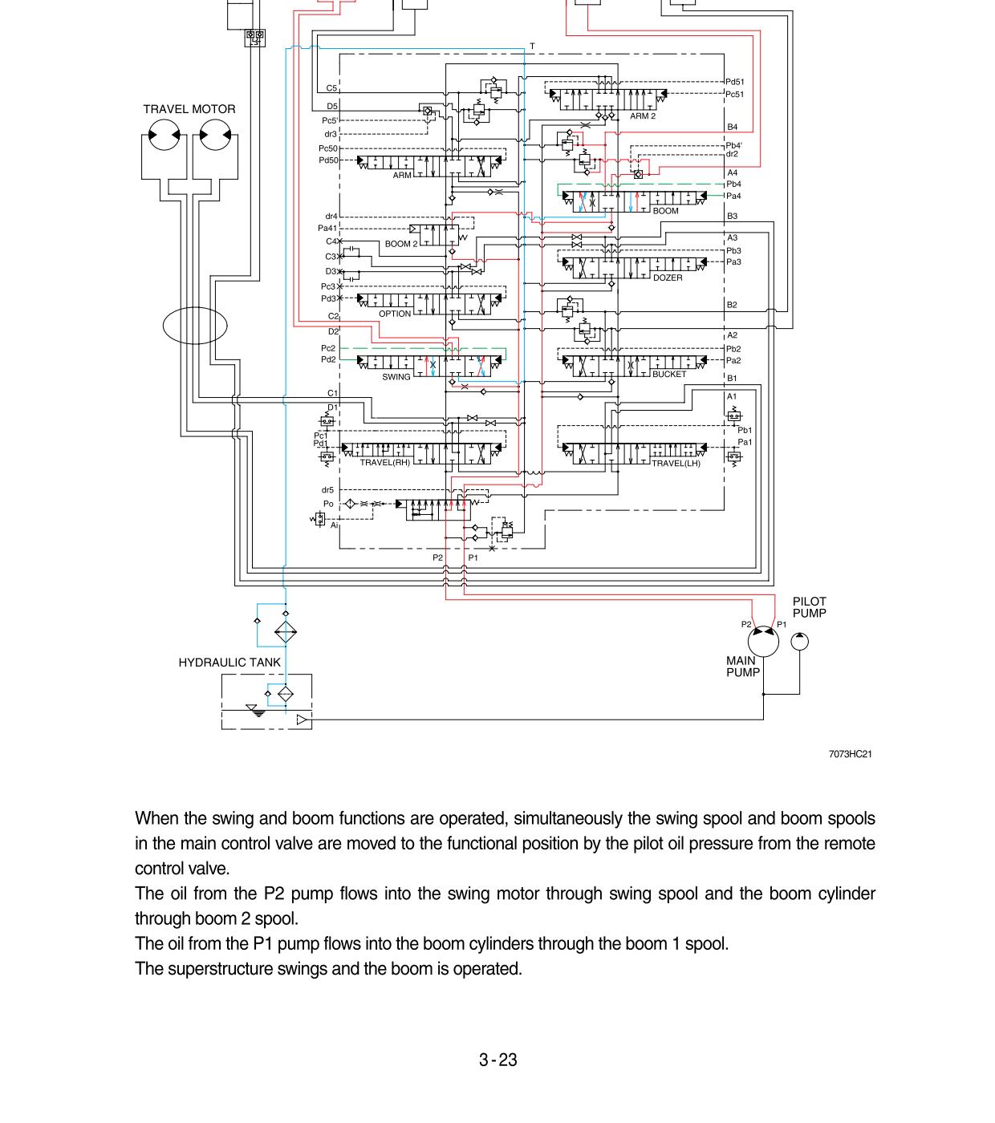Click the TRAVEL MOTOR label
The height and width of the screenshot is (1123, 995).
click(x=189, y=109)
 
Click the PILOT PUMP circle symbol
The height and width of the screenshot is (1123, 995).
click(x=799, y=642)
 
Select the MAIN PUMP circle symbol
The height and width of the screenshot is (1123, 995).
click(x=763, y=642)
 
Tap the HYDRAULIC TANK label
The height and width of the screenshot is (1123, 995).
click(x=229, y=663)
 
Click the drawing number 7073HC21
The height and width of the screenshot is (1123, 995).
click(x=850, y=754)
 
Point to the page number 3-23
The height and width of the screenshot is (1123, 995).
click(x=497, y=1060)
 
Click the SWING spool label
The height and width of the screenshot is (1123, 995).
click(x=396, y=376)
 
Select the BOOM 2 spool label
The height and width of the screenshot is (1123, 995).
click(x=400, y=244)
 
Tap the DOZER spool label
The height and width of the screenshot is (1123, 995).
click(x=668, y=278)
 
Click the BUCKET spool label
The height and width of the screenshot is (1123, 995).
click(x=669, y=374)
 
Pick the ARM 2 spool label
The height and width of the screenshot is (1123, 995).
click(x=643, y=116)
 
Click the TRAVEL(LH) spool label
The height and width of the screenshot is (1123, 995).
click(x=676, y=463)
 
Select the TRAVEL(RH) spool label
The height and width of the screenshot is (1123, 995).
click(x=384, y=463)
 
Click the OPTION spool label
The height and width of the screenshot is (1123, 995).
click(x=394, y=314)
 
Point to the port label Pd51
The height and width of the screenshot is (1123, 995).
click(x=734, y=82)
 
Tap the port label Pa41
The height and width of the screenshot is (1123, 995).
click(x=327, y=229)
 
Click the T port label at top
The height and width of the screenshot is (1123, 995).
click(x=532, y=47)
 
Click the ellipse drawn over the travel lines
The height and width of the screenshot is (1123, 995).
click(x=195, y=325)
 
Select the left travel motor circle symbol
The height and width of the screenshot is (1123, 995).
click(x=164, y=135)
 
